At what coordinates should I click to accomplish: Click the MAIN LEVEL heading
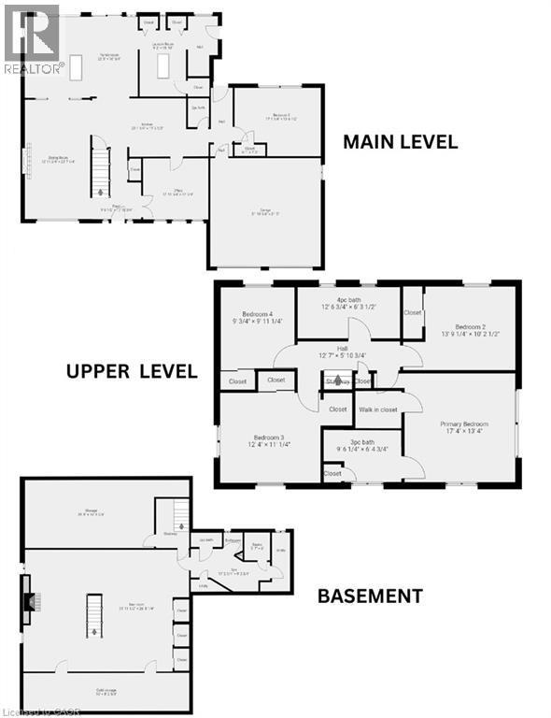coord(400,142)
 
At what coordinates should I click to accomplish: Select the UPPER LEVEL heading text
coord(132,371)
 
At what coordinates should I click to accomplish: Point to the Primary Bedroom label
coord(464,428)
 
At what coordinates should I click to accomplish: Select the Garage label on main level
coord(266,210)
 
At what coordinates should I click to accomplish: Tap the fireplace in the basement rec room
coord(30,602)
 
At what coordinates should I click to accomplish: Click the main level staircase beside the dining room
coord(100,164)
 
